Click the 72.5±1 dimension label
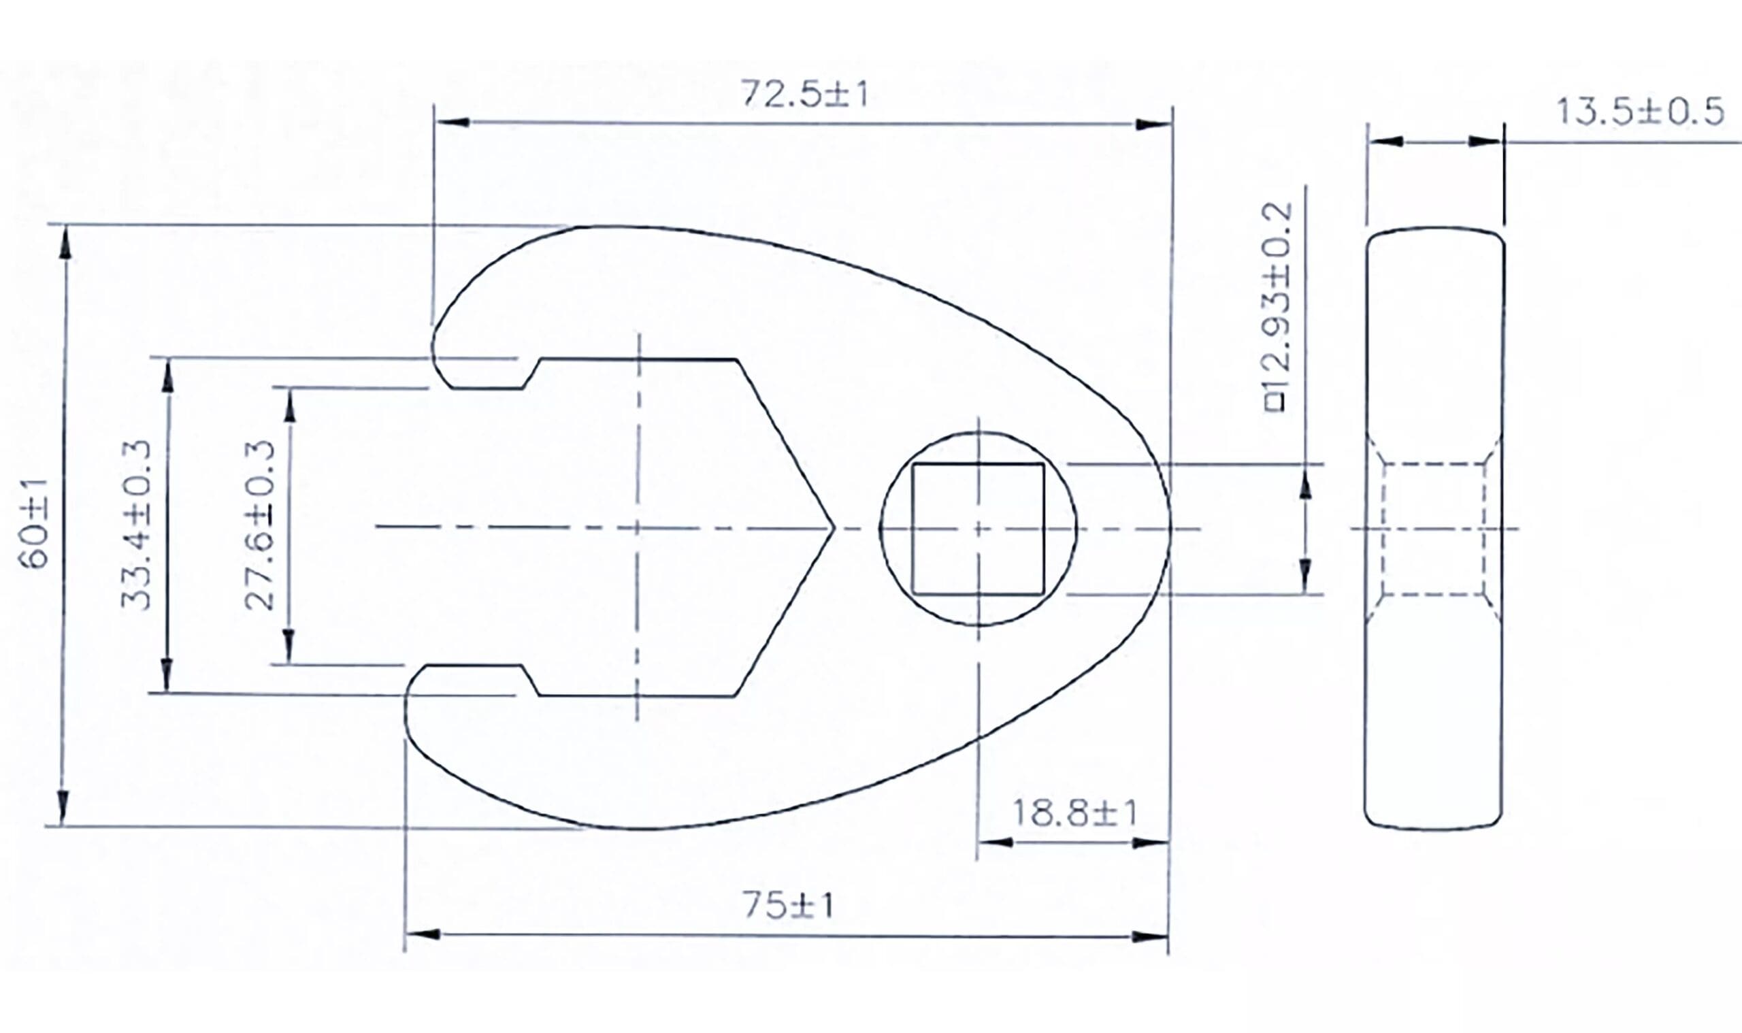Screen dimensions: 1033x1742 tap(804, 95)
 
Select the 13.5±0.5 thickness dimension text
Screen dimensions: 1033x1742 tap(1640, 112)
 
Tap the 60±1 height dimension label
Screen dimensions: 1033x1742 tap(34, 523)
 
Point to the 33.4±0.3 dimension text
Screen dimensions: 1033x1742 tap(135, 525)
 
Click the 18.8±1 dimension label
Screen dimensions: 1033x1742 tap(1074, 813)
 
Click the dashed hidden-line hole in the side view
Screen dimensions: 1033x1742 tap(1434, 529)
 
